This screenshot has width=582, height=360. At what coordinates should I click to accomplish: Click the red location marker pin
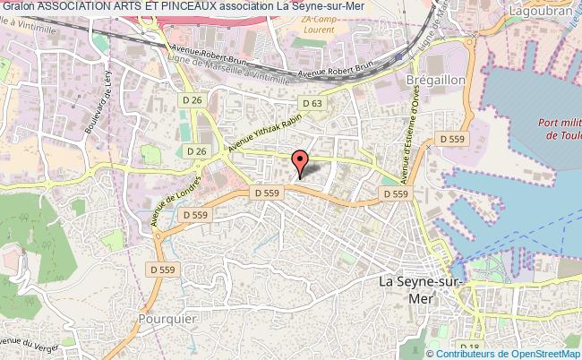tap(301, 161)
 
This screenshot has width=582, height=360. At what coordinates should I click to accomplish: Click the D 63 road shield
tap(312, 104)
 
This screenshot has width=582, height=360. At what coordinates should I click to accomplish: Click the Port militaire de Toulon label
tap(561, 128)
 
